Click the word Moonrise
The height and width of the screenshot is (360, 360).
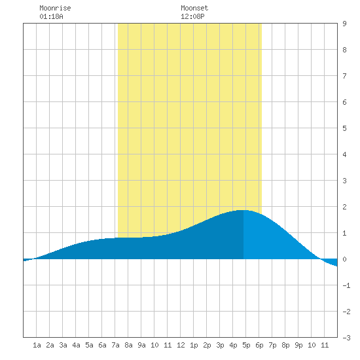55,8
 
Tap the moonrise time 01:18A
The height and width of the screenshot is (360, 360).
51,16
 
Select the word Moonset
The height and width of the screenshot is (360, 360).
194,8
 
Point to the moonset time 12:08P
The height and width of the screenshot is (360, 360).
192,16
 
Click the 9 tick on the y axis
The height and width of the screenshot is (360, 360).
344,24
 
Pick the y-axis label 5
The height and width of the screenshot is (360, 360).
344,128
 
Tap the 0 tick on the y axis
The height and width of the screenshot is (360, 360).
344,259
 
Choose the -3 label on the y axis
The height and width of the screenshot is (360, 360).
346,338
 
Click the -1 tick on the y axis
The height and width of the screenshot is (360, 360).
346,285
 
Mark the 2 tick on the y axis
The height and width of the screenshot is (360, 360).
344,207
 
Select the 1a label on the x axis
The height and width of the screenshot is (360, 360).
37,345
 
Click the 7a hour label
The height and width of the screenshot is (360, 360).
115,345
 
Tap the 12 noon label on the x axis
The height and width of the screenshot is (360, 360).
181,345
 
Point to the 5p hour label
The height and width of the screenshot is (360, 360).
246,345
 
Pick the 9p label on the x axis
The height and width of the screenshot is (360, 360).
298,345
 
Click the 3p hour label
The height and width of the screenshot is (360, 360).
220,345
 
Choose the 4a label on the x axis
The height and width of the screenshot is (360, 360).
76,345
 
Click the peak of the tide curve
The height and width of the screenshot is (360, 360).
243,210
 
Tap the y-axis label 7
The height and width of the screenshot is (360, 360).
344,76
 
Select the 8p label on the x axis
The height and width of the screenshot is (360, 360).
285,345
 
